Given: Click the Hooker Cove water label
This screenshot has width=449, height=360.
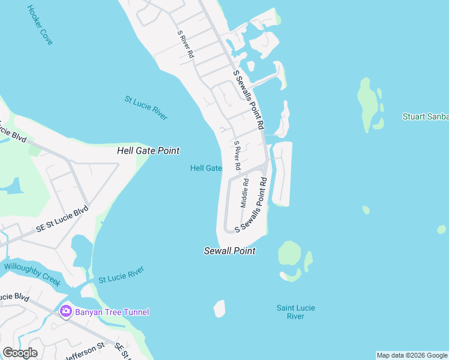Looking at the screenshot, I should pos(40,25).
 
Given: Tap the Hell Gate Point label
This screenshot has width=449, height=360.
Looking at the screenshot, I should pos(148,151).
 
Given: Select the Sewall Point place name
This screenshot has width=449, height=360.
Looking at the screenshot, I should pos(230,251).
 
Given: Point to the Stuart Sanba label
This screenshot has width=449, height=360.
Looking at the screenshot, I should pos(425,116).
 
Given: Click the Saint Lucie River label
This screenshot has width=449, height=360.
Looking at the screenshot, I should pos(296,312).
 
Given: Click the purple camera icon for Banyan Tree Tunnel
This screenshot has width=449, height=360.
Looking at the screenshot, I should pos(66,311).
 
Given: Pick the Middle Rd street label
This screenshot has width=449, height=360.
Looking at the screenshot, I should pos(245,193).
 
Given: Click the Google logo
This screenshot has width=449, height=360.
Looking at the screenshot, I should pos(20,353).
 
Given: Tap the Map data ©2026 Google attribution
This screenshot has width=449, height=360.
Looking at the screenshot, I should pos(412,355).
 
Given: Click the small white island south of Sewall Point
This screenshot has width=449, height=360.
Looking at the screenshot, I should pos(220,308).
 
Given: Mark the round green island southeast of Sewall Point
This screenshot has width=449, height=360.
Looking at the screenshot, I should pos(289,253).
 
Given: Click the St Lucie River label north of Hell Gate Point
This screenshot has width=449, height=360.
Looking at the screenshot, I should pos(146,108).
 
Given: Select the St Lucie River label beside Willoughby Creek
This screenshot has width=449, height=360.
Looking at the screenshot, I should pos(121,275).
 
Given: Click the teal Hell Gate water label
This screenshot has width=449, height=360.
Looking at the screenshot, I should pos(206,168).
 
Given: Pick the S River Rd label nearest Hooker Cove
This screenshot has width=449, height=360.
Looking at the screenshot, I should pos(185,44).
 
